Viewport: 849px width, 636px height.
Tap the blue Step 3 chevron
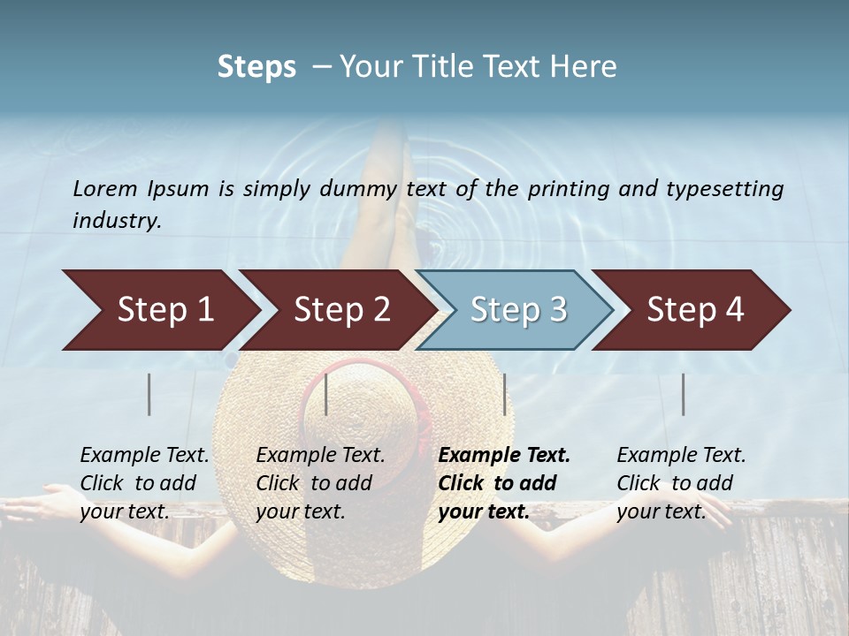517,310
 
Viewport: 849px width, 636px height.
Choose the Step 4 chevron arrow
694,310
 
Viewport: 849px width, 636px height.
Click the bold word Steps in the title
256,67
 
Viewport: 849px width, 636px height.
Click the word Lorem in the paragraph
105,188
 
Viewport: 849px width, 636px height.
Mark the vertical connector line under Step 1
149,394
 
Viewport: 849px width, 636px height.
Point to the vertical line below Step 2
326,394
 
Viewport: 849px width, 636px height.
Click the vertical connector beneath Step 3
504,394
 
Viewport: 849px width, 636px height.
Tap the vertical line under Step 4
683,394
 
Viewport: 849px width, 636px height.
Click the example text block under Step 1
144,483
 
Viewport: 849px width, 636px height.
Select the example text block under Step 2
320,483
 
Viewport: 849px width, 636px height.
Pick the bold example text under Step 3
504,483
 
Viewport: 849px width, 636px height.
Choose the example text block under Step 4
681,483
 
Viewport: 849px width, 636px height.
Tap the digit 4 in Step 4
734,310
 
